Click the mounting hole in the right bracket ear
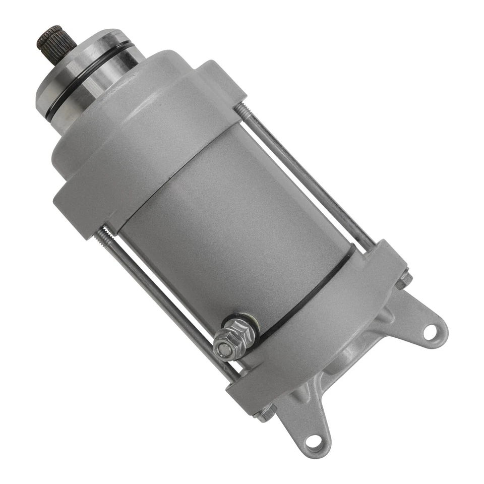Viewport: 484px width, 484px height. click(430, 332)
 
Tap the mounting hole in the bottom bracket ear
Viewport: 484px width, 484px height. click(314, 442)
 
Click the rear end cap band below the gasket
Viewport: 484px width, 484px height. click(323, 328)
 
